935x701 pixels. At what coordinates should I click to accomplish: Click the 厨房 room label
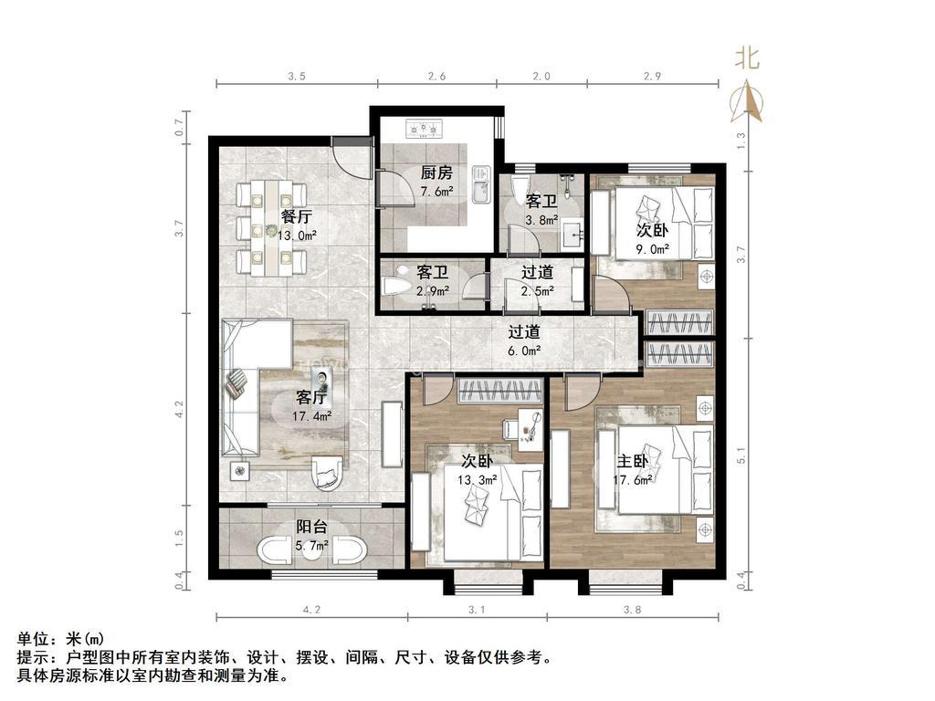tap(436, 173)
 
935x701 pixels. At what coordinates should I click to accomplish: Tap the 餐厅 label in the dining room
tap(297, 217)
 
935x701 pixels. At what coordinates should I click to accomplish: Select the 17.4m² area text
tap(312, 416)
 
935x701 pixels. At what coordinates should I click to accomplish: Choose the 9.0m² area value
tap(653, 248)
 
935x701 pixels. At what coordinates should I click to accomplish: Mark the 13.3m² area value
tap(477, 479)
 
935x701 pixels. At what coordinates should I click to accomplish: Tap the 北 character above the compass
tap(748, 59)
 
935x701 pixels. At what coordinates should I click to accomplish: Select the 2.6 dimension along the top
tap(436, 78)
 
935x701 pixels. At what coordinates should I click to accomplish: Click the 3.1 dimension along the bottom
tap(476, 610)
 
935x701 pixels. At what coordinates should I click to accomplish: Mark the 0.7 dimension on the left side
tap(180, 129)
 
